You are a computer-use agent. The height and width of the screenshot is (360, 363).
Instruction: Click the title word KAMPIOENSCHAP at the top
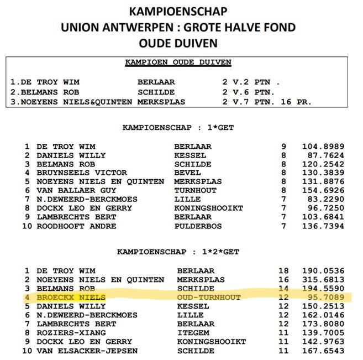(x=178, y=11)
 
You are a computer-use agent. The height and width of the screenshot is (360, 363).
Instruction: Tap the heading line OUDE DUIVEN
(x=178, y=43)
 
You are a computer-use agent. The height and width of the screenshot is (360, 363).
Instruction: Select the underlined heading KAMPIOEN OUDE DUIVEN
(x=178, y=62)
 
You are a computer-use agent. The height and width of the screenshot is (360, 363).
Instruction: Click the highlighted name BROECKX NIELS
(x=71, y=297)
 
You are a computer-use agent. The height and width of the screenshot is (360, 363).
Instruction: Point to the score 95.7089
(x=323, y=297)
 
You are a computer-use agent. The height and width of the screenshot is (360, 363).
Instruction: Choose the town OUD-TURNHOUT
(x=209, y=297)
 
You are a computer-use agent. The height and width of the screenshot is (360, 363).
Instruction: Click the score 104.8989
(x=323, y=147)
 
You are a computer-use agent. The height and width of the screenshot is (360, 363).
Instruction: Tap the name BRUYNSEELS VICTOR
(x=82, y=173)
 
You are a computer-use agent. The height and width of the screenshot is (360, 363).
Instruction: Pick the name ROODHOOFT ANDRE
(x=76, y=226)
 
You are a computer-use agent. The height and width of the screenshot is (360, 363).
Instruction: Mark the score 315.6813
(x=323, y=280)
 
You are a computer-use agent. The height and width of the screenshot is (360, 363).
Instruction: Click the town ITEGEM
(x=192, y=333)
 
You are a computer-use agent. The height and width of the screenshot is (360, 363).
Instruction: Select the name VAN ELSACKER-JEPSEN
(x=87, y=351)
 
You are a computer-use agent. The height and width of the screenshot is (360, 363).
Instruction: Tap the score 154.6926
(x=323, y=191)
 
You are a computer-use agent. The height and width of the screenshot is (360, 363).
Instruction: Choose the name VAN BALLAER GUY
(x=76, y=191)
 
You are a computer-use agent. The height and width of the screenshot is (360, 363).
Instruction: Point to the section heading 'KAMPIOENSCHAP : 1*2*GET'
(x=178, y=252)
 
